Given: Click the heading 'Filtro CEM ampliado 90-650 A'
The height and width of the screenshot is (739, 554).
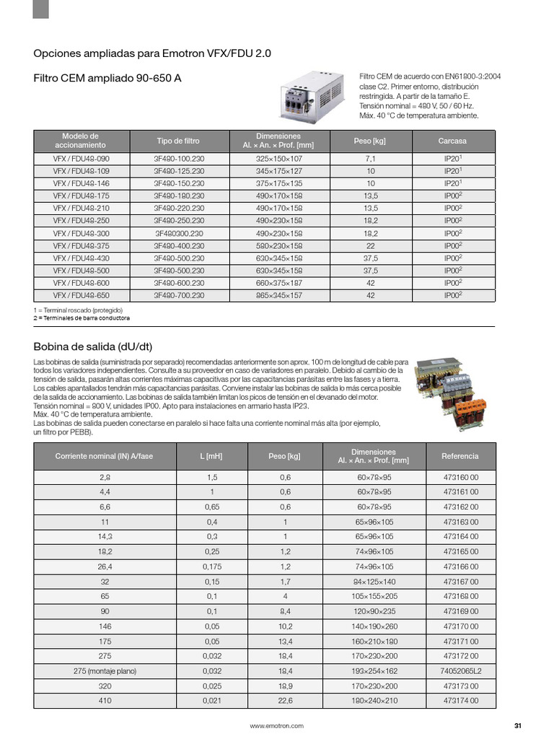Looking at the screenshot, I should tap(107, 76).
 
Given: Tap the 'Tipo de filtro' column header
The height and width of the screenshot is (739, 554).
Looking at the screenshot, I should tap(178, 141).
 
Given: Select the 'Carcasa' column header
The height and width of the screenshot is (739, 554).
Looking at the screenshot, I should tap(452, 141).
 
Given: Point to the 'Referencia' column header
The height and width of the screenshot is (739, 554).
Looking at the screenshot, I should tap(460, 456).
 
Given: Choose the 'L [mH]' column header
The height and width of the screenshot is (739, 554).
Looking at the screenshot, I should tap(212, 456).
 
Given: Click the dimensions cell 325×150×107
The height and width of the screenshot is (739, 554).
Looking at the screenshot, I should tap(279, 159).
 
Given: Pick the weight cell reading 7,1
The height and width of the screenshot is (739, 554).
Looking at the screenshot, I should tap(371, 159).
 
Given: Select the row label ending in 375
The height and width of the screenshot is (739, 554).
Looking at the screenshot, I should tap(81, 246).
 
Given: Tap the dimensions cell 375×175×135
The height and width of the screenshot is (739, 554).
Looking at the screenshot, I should tap(279, 184).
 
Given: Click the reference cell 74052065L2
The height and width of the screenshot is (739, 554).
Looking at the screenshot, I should tap(460, 670).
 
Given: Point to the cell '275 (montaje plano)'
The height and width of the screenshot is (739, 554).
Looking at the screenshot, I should tap(105, 670).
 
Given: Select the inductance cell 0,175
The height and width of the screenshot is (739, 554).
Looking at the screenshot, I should tap(212, 567).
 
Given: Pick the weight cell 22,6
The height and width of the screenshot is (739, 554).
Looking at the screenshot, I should tap(285, 700).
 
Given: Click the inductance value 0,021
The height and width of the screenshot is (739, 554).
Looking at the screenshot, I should tap(212, 700).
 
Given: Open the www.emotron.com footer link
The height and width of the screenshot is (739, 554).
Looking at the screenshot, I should tap(276, 725).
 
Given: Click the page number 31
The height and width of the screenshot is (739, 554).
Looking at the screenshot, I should tap(517, 725).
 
